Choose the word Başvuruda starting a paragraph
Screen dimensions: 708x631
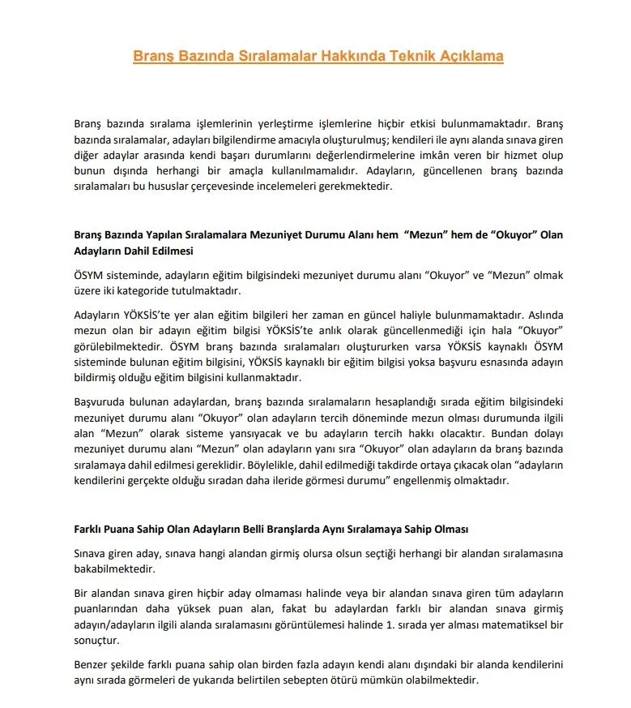(98, 401)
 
